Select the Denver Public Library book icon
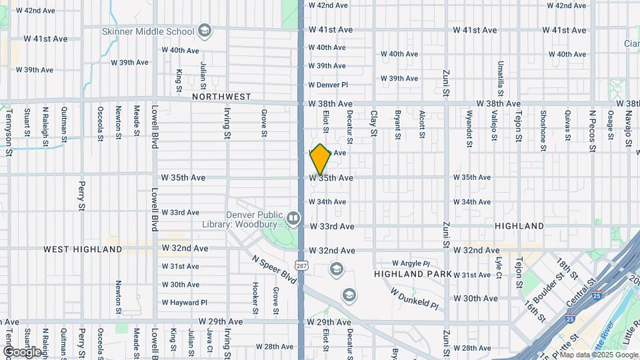click(x=293, y=217)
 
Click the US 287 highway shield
click(x=302, y=265)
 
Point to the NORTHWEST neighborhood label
click(x=221, y=97)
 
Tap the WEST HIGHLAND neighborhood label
click(x=83, y=249)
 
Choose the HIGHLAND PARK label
click(x=413, y=275)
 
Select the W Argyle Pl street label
click(x=414, y=263)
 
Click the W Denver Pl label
click(x=328, y=85)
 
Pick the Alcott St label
click(x=422, y=125)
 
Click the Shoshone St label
click(x=543, y=125)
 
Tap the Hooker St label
click(x=255, y=297)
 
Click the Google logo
click(x=22, y=351)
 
